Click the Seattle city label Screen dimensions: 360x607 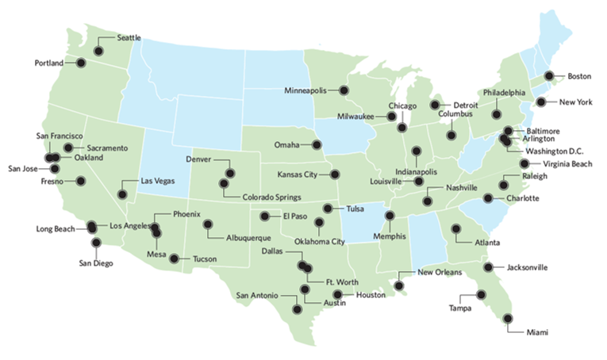coord(130,37)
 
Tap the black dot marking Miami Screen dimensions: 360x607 coord(508,319)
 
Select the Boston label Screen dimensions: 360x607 coord(578,76)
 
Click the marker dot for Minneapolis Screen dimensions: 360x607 coord(344,90)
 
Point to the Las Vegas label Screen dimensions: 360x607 coord(156,180)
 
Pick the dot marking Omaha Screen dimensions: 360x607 coord(317,144)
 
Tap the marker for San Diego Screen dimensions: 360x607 coord(97,243)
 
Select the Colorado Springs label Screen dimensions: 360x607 coord(253,194)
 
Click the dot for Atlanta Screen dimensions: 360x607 coord(456,229)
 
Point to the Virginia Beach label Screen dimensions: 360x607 coord(564,163)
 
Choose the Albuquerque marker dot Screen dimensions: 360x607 coord(208,224)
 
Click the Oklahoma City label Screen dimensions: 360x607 coord(319,242)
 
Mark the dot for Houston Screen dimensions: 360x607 coord(337,295)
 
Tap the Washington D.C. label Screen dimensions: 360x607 coord(553,151)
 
